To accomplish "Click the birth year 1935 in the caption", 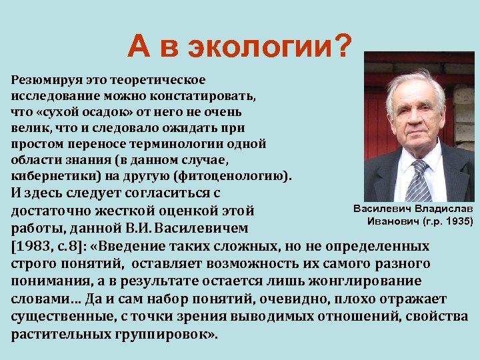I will point(455,221).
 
